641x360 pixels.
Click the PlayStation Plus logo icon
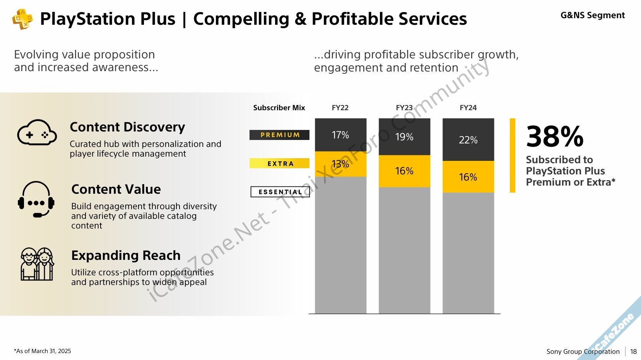click(22, 19)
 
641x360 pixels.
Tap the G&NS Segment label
click(592, 15)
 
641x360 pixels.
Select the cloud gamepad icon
click(37, 132)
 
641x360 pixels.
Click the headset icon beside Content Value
click(36, 199)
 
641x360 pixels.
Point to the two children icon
click(37, 264)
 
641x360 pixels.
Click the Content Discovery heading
click(127, 127)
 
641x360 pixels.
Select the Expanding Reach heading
click(126, 255)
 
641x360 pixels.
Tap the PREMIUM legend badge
click(279, 135)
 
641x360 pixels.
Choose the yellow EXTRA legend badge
click(279, 163)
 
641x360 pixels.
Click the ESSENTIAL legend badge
click(280, 192)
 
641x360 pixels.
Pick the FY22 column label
click(340, 108)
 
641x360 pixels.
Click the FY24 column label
click(468, 108)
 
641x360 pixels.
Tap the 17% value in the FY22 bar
click(340, 135)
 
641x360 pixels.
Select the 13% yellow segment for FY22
click(340, 164)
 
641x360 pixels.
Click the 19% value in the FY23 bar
click(404, 137)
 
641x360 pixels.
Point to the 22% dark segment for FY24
click(468, 140)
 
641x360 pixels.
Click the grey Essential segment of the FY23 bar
click(404, 250)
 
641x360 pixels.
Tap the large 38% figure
click(555, 136)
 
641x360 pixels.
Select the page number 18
click(633, 351)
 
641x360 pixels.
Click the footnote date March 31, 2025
click(51, 351)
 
